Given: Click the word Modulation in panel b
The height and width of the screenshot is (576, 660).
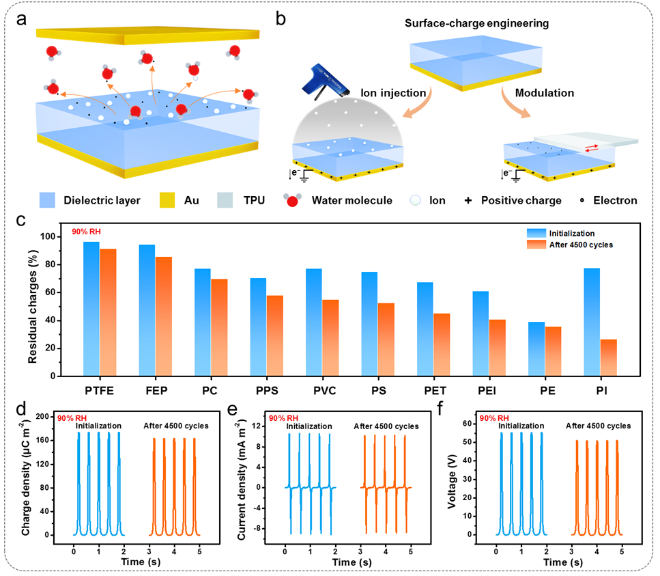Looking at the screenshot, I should pyautogui.click(x=544, y=92).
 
